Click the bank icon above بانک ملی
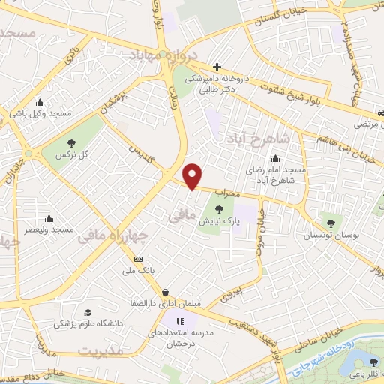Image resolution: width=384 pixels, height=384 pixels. [137, 258]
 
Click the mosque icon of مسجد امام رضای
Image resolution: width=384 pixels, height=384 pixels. [277, 158]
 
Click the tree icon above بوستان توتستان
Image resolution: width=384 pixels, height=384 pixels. [331, 223]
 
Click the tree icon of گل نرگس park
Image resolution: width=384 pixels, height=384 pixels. [72, 142]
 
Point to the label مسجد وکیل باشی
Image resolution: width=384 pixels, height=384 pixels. [41, 113]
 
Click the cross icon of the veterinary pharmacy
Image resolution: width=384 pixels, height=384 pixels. [217, 67]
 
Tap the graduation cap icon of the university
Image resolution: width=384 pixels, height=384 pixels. [88, 312]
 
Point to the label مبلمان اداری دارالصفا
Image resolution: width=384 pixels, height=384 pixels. [165, 304]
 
